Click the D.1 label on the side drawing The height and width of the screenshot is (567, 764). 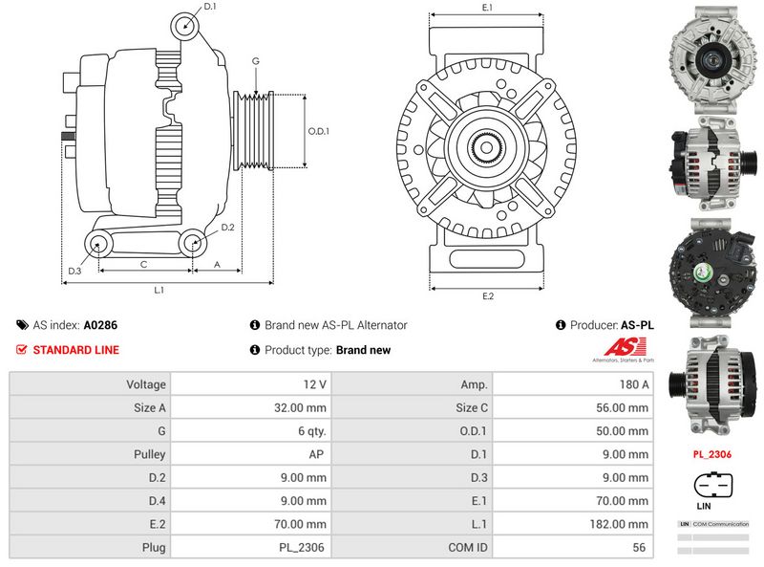(x=210, y=7)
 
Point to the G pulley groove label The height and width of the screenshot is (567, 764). (x=255, y=61)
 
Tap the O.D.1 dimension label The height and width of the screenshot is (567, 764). (x=318, y=131)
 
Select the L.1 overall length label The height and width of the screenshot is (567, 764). (x=159, y=289)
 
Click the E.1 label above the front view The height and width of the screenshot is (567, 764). (x=487, y=8)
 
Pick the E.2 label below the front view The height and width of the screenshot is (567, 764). (x=487, y=295)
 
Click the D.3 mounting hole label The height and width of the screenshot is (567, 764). (x=74, y=272)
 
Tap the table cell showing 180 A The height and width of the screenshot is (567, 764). (x=573, y=384)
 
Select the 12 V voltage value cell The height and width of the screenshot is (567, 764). (x=250, y=384)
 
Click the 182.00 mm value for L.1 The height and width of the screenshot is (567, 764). (x=573, y=524)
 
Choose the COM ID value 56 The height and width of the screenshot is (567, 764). (x=573, y=548)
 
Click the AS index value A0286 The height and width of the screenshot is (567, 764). (x=100, y=325)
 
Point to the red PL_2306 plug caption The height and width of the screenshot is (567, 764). (x=711, y=454)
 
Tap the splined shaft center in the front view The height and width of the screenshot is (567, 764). (x=487, y=147)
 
